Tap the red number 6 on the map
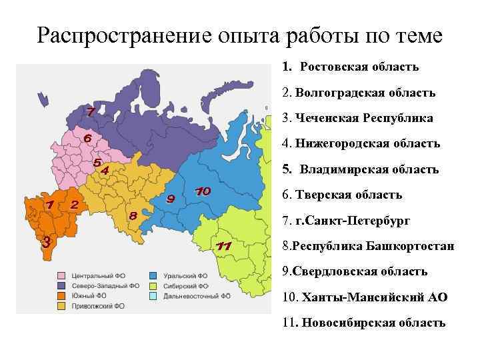87,138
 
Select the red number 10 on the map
203,191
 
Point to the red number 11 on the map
224,247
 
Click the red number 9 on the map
171,199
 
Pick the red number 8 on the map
133,215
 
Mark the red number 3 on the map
45,242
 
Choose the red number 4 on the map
104,171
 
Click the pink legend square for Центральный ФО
61,275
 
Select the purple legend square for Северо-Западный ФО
61,285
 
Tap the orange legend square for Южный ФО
61,296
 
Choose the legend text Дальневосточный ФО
193,296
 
